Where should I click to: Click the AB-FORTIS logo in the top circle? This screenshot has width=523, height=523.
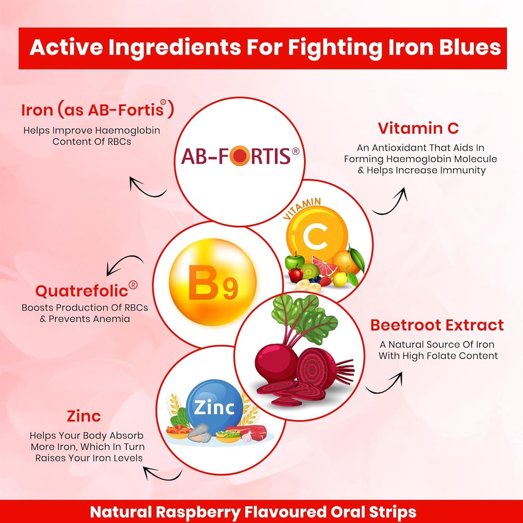[x=240, y=156]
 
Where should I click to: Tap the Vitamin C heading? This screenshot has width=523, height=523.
[x=418, y=128]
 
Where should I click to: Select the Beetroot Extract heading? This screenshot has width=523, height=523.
[x=437, y=325]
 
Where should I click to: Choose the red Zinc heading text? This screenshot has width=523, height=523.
[x=84, y=416]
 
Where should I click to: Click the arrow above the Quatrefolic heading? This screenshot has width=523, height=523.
[x=123, y=262]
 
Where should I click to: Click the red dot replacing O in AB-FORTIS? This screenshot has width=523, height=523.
[x=239, y=156]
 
